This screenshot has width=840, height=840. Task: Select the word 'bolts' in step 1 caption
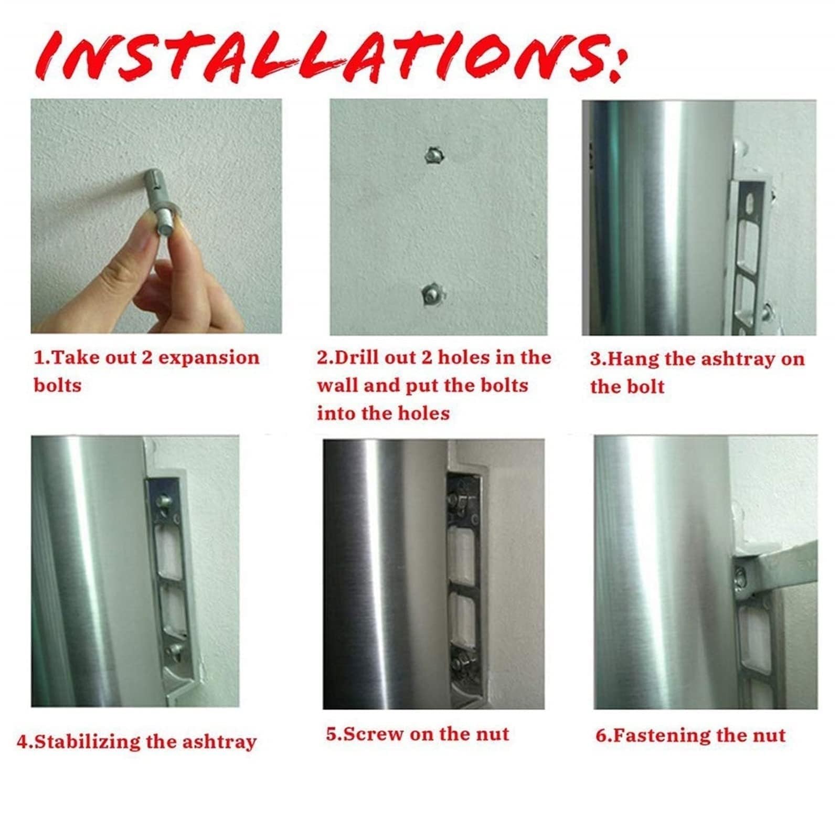coord(58,386)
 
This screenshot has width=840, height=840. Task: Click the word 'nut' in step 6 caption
coord(769,736)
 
